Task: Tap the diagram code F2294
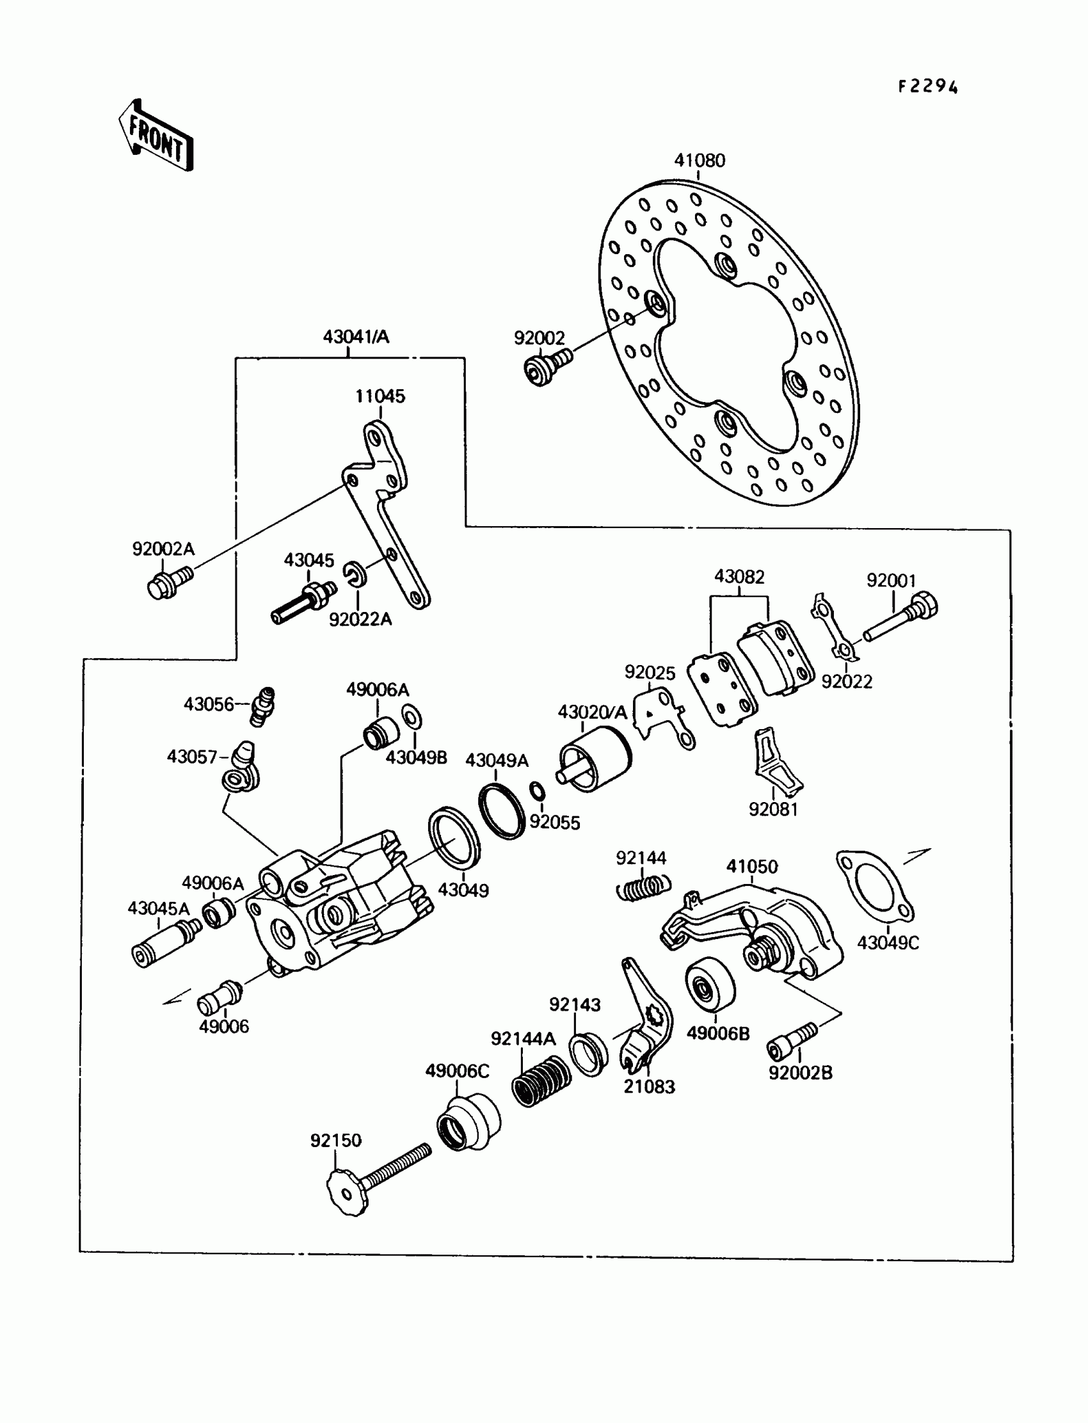927,87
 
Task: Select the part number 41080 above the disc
700,160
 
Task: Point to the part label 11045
380,396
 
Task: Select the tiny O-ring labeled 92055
537,791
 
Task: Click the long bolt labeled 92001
900,618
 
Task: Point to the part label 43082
739,577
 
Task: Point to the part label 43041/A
356,337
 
